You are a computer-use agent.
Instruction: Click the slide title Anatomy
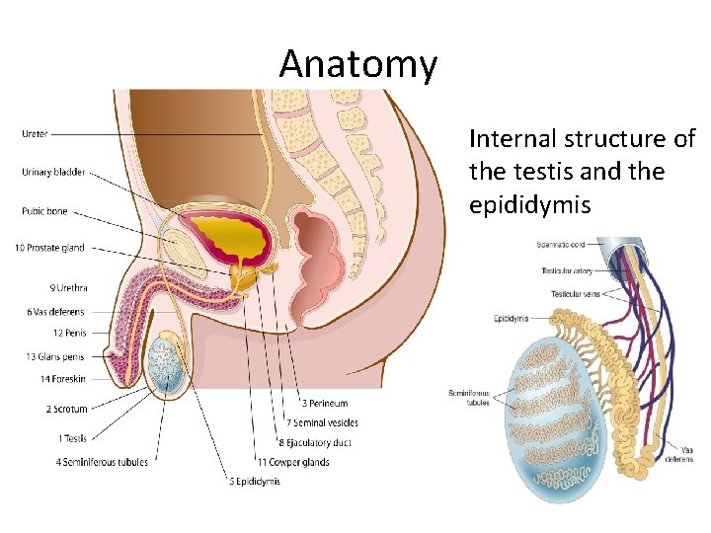[x=357, y=65]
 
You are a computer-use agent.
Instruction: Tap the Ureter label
[x=36, y=133]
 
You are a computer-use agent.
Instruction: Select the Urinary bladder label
[x=53, y=172]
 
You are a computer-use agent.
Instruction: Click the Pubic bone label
[x=45, y=210]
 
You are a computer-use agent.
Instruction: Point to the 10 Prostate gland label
[x=49, y=248]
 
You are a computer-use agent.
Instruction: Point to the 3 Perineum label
[x=325, y=403]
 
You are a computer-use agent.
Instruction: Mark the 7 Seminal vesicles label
[x=331, y=422]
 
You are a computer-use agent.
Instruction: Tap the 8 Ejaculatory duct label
[x=315, y=442]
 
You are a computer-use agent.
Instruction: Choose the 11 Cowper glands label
[x=293, y=461]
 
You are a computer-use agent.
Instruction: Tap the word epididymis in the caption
[x=532, y=205]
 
